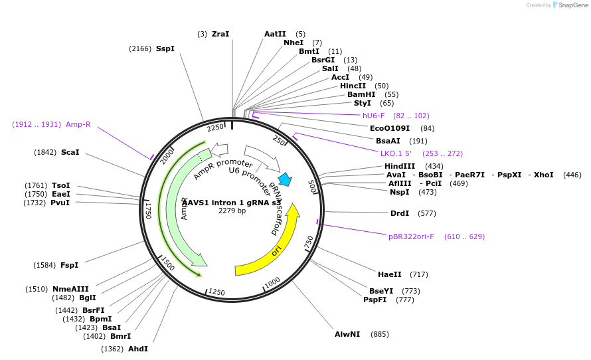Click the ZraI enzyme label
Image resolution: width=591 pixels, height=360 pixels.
220,34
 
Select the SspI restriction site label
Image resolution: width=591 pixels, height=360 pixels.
165,48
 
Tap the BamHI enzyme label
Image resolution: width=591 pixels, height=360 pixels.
361,94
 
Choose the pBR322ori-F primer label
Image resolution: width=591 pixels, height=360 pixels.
411,236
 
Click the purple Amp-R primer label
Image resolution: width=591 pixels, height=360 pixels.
78,124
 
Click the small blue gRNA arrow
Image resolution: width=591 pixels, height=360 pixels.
285,179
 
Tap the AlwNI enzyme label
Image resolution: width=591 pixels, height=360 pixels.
347,334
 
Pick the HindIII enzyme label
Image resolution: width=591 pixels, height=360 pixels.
400,166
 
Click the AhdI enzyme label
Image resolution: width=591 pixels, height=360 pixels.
138,349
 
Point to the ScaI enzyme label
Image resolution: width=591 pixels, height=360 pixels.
70,152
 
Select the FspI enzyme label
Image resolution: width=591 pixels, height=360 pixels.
69,265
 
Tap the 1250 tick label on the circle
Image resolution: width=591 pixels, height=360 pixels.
216,292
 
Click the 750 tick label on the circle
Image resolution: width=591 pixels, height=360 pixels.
309,242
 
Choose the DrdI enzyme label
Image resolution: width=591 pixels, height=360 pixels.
400,213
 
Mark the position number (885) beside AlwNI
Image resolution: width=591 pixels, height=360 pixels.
380,334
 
